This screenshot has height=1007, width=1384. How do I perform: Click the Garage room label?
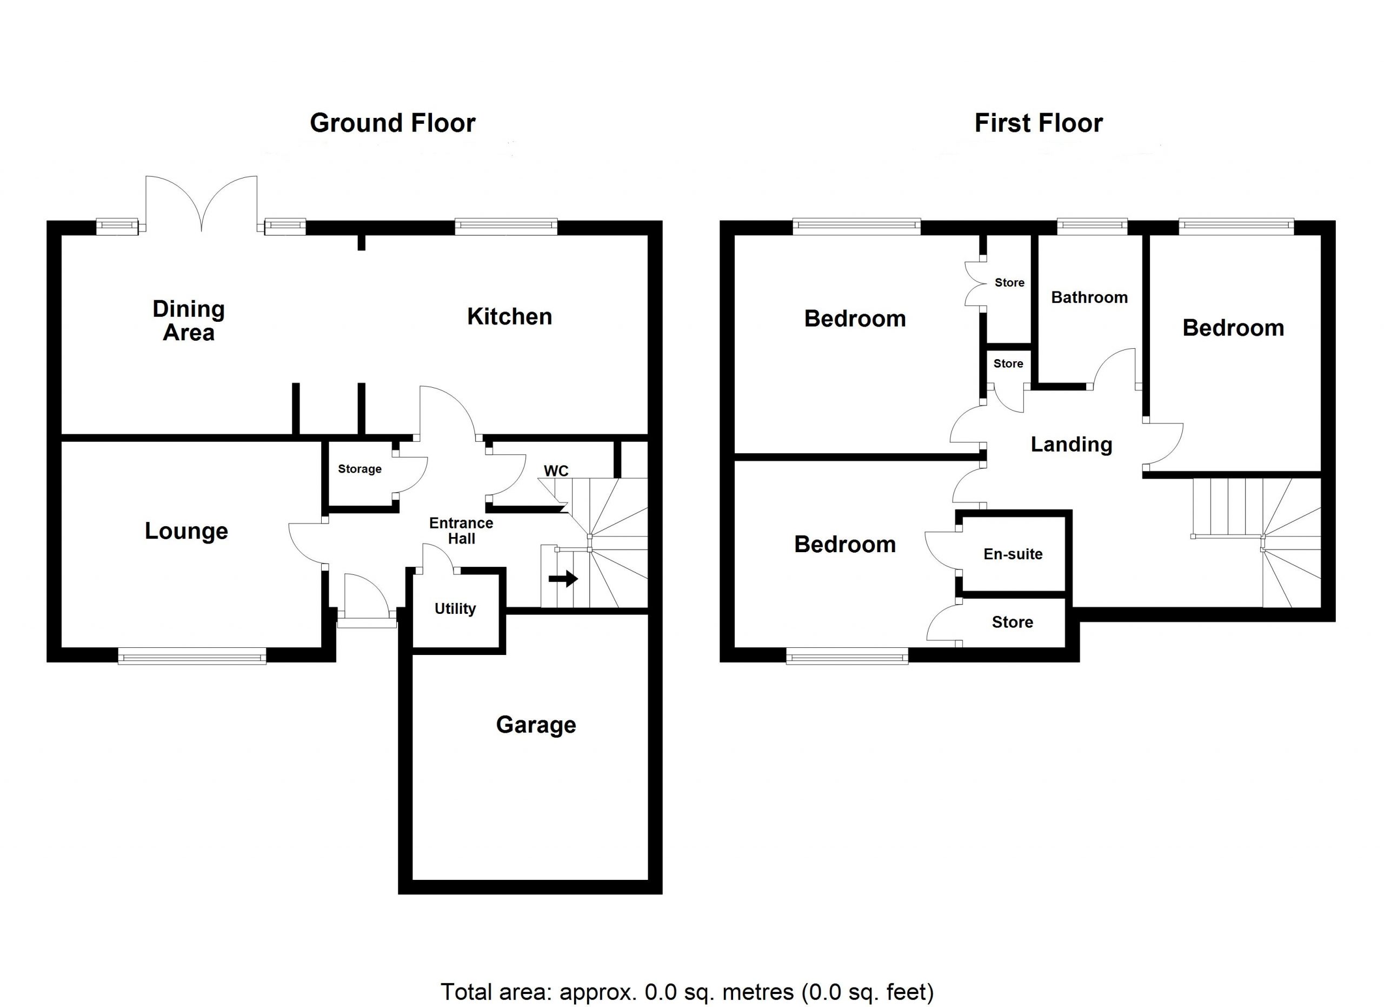click(536, 725)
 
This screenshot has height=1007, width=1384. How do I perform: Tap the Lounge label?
click(186, 531)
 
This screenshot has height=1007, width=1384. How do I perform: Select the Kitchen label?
click(510, 317)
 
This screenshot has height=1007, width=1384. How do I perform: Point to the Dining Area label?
click(189, 321)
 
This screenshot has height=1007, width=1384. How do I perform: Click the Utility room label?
click(455, 608)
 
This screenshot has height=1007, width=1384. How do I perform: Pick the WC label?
click(556, 471)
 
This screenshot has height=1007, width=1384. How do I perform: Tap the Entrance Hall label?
click(461, 531)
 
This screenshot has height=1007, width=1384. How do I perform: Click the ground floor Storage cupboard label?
click(360, 469)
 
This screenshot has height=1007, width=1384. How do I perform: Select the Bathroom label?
click(1089, 297)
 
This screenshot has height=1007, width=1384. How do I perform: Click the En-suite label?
click(1013, 554)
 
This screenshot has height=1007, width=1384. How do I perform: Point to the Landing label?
click(1072, 445)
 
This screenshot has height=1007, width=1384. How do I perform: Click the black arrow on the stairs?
click(563, 578)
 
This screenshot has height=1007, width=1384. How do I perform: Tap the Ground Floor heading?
click(392, 123)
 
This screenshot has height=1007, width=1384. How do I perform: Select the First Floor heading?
click(1039, 123)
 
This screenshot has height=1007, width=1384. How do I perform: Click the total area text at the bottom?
click(687, 992)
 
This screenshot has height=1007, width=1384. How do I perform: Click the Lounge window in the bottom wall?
click(192, 658)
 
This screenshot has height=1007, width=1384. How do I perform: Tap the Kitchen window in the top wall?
click(506, 227)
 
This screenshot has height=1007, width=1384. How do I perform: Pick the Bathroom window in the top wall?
click(1092, 227)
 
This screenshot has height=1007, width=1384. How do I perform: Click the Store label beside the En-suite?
click(1013, 622)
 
